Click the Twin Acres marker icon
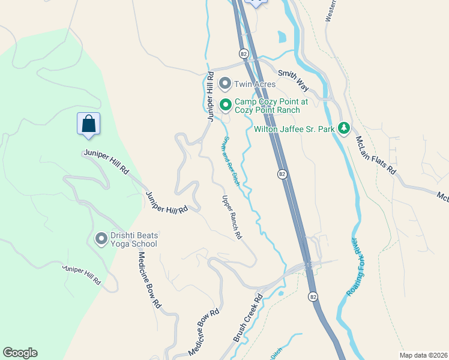click(226, 83)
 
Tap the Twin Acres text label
click(255, 84)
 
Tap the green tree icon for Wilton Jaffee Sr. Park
click(343, 128)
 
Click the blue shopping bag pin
click(88, 124)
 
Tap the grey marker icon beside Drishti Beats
click(101, 239)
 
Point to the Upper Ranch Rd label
click(232, 218)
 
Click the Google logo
click(20, 353)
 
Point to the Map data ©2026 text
click(423, 355)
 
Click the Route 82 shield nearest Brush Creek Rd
click(313, 296)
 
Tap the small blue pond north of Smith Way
click(282, 37)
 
